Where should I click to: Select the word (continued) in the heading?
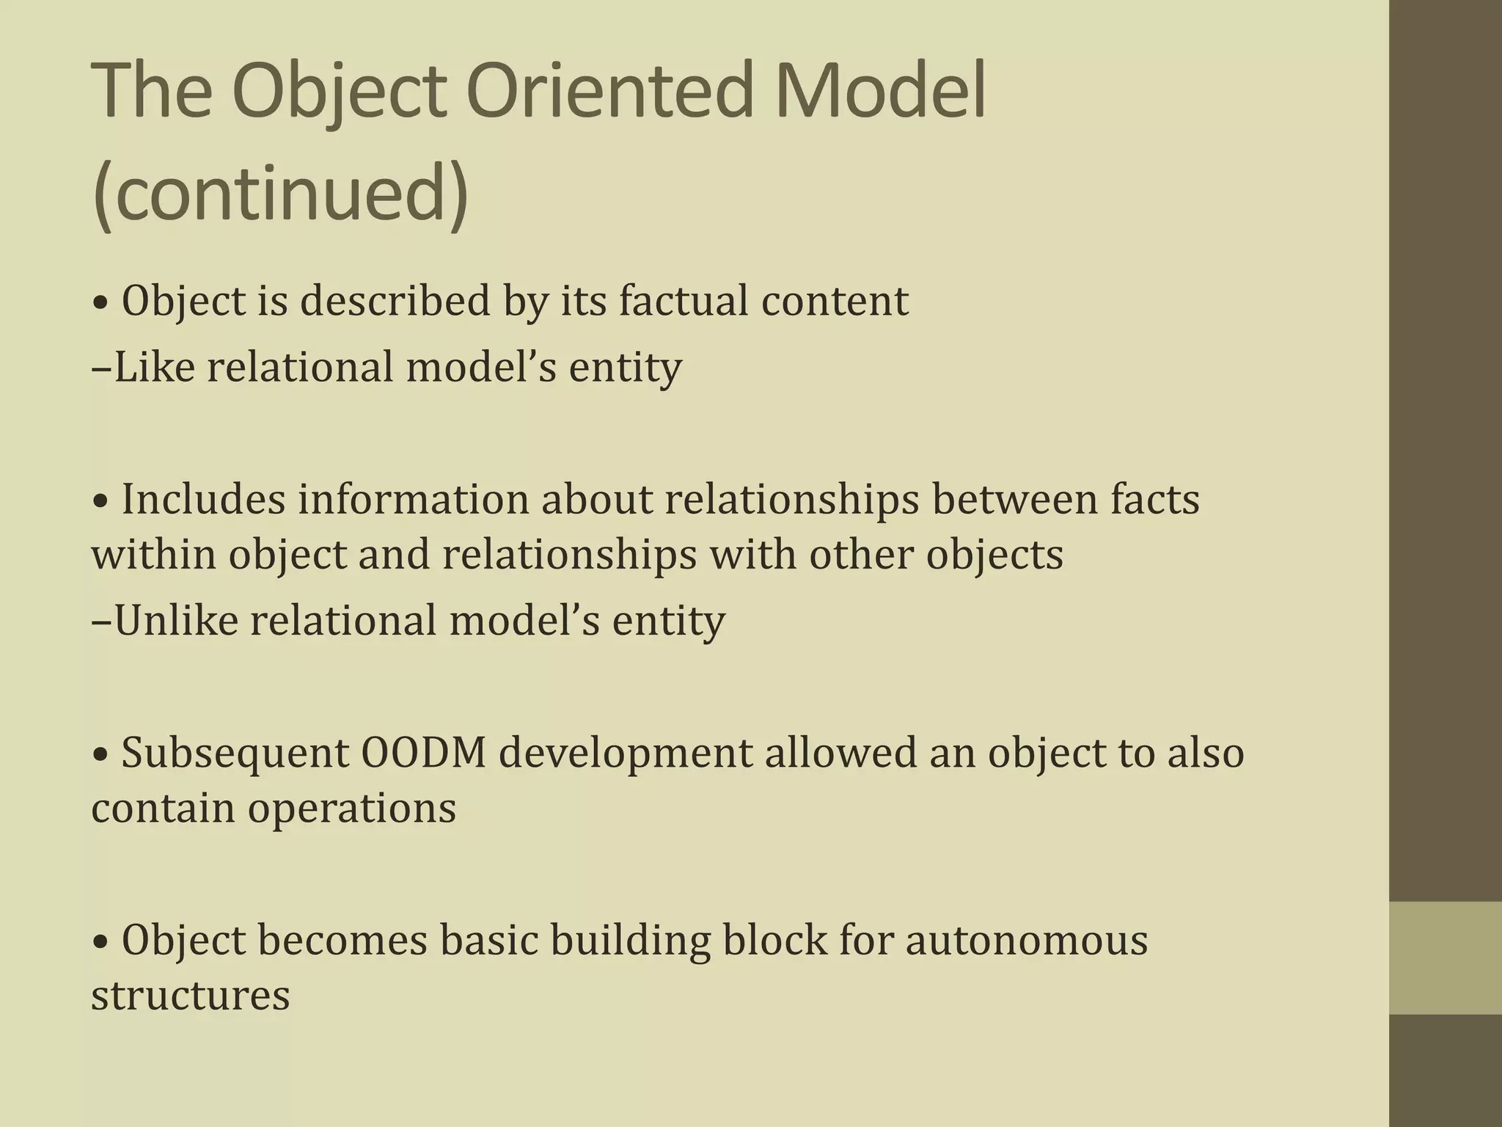[x=280, y=194]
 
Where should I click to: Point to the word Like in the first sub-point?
[x=154, y=366]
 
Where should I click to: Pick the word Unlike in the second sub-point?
[x=176, y=620]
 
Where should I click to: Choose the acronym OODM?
[x=423, y=753]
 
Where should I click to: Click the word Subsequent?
[x=235, y=754]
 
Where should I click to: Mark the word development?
[x=626, y=754]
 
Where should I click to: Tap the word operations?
[x=351, y=809]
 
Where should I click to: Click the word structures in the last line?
[x=191, y=996]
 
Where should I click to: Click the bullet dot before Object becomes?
[x=102, y=942]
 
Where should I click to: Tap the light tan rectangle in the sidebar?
[x=1445, y=958]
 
